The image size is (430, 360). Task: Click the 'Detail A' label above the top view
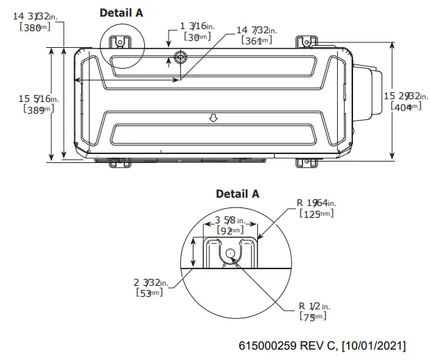(121, 12)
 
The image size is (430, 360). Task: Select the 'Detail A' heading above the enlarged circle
(237, 194)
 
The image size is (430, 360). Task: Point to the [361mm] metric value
(257, 41)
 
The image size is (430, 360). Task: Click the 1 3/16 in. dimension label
(197, 26)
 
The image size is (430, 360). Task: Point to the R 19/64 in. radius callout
(316, 203)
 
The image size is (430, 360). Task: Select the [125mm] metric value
(316, 214)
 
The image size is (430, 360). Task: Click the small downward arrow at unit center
(214, 119)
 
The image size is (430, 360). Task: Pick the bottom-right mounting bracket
(304, 163)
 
